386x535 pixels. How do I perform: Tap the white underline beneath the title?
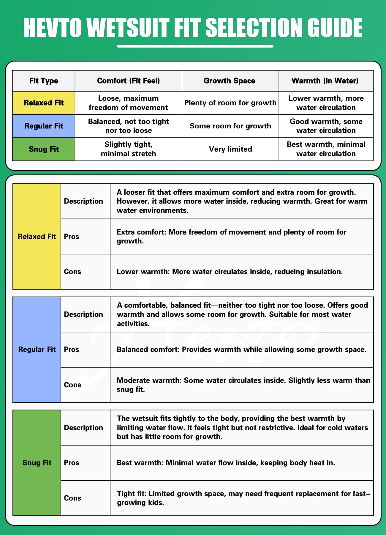coord(195,46)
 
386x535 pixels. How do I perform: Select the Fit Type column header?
coord(44,81)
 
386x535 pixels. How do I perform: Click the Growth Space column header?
coord(229,81)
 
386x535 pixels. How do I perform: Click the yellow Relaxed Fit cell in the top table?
coord(44,103)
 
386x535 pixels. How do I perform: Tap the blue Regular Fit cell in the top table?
coord(44,126)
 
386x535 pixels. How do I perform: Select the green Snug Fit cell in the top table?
coord(44,149)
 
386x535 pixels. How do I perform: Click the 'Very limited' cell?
coord(230,149)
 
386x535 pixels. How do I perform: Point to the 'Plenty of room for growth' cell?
coord(230,103)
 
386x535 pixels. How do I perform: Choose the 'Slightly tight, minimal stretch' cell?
coord(128,149)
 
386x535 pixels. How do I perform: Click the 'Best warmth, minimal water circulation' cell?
coord(326,149)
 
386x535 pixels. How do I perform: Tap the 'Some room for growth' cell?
coord(230,126)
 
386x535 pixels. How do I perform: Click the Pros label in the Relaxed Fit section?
coord(72,237)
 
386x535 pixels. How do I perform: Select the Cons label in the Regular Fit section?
coord(72,385)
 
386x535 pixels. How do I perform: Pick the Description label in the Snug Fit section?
coord(83,428)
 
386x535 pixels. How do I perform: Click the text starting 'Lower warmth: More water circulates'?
coord(230,272)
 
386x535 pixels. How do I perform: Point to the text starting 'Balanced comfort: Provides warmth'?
coord(241,350)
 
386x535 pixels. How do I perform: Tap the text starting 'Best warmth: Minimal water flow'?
coord(226,463)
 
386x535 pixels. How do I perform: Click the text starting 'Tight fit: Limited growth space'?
coord(243,498)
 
